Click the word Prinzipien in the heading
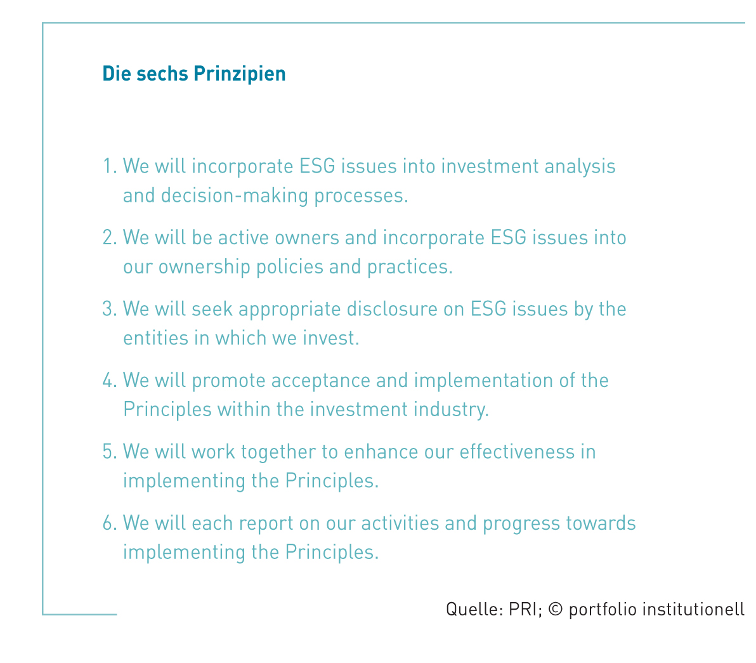tap(240, 74)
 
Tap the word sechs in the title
tap(162, 74)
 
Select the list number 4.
tap(110, 381)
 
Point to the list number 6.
tap(110, 523)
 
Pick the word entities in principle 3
tap(156, 338)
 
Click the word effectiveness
tap(518, 452)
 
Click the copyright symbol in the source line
tap(556, 609)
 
